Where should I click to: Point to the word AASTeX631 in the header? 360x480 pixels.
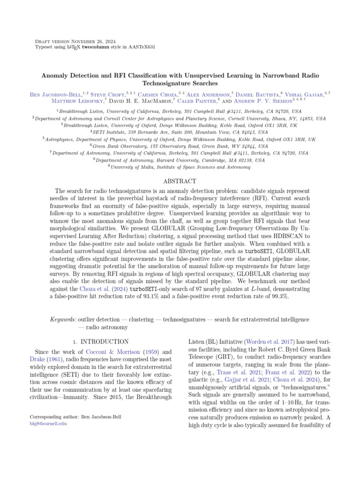point(141,47)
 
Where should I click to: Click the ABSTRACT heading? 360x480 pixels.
point(180,181)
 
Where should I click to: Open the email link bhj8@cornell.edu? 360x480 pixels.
point(48,423)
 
